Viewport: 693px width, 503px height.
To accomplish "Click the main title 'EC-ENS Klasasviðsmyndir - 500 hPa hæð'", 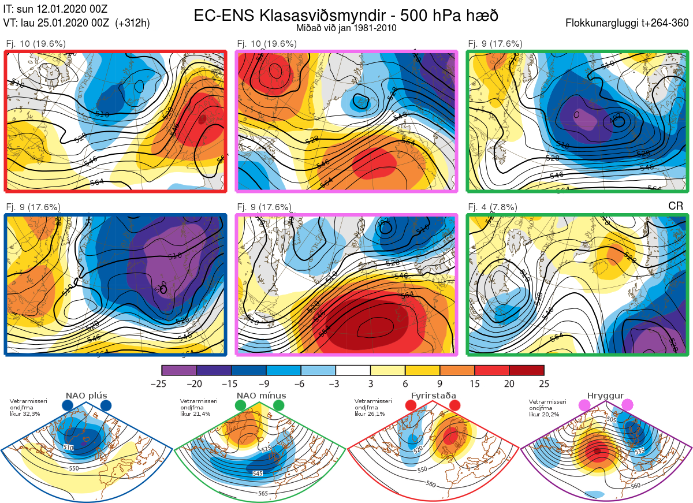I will click(x=346, y=15).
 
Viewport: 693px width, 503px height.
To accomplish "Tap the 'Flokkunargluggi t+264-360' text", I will click(x=628, y=23).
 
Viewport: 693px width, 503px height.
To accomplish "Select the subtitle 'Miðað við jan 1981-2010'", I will click(x=346, y=28).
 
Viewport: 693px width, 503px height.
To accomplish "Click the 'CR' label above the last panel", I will click(x=676, y=206).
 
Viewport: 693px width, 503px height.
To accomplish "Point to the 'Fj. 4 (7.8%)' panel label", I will click(x=492, y=207).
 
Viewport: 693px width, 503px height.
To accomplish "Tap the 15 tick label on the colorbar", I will click(x=475, y=383).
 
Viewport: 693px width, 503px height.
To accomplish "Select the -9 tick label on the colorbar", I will click(x=266, y=383).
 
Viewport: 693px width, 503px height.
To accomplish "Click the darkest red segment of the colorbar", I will click(x=527, y=370).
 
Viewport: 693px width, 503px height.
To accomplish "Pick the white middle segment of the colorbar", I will click(x=353, y=370).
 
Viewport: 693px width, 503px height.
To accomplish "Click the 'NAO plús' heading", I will click(x=86, y=396).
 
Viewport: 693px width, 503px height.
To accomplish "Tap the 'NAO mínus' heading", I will click(x=261, y=396).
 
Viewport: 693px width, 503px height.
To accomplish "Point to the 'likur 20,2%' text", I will click(x=544, y=414).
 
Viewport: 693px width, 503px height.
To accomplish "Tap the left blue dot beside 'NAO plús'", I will click(x=67, y=406).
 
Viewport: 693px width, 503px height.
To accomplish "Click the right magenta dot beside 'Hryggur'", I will click(x=627, y=406).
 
